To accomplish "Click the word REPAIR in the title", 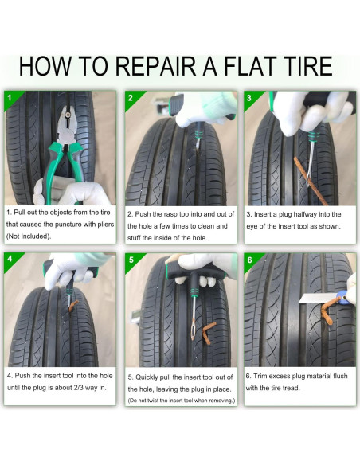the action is click(x=155, y=66).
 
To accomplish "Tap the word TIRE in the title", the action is click(x=307, y=66).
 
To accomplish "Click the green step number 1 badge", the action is click(x=11, y=98).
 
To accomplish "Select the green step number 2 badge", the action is click(x=131, y=98).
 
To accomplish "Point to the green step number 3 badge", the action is click(x=250, y=98).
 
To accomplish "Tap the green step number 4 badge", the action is click(x=11, y=260).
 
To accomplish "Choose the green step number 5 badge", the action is click(x=131, y=260).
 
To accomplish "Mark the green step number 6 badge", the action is click(x=251, y=260).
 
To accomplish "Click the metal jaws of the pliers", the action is click(x=68, y=125).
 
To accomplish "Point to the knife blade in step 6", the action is click(x=318, y=298).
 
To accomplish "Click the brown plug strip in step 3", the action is click(x=310, y=181).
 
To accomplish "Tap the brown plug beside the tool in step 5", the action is click(x=209, y=333).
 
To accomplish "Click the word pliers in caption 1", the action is click(x=106, y=225).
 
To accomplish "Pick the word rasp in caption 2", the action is click(x=170, y=214).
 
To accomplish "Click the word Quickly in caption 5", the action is click(x=147, y=377).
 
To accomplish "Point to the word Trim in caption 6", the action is click(x=260, y=376).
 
